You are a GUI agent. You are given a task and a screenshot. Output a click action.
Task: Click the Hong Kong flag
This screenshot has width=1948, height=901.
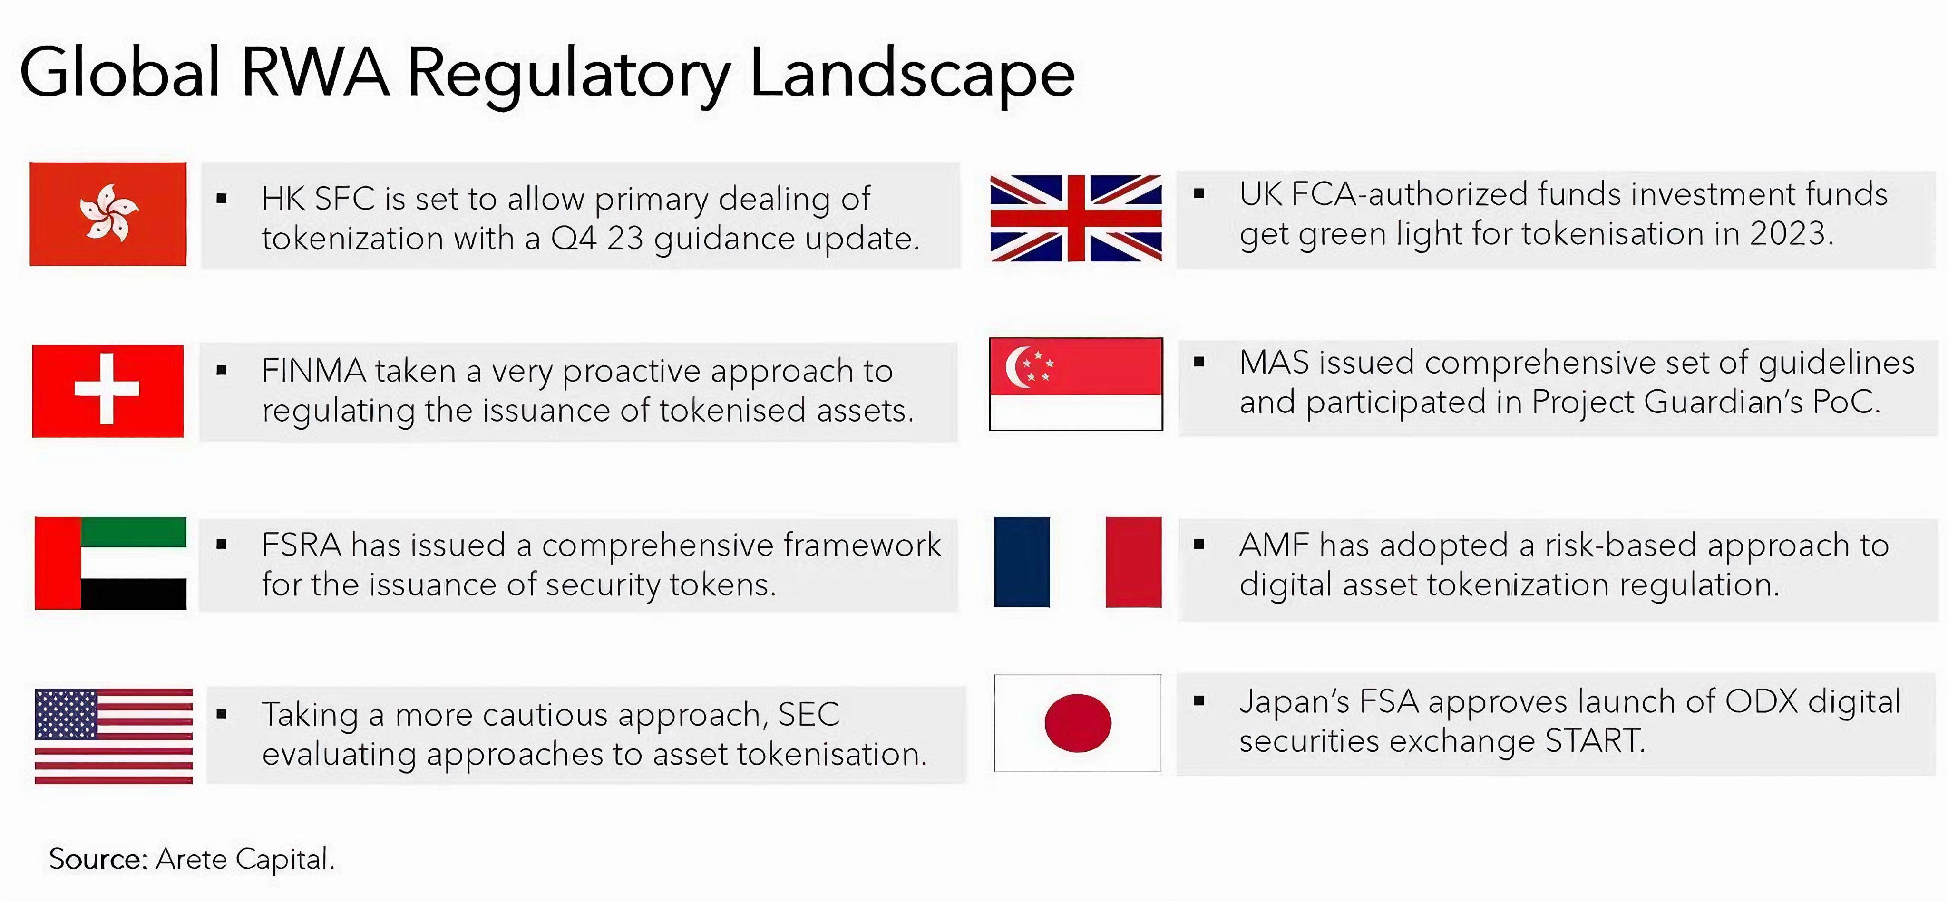pos(108,214)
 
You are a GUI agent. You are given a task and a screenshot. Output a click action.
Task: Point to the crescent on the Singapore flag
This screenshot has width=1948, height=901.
pos(1015,366)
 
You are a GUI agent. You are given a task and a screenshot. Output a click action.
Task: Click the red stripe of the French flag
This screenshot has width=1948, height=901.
pos(1133,562)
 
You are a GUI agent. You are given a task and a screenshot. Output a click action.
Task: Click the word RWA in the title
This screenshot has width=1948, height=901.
pos(314,73)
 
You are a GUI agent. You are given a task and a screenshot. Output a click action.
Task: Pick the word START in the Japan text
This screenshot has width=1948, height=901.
pos(1594,741)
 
